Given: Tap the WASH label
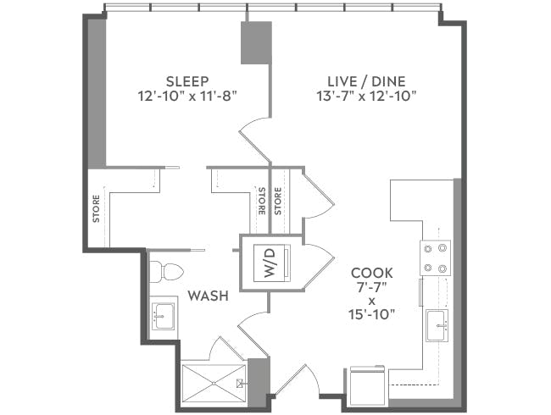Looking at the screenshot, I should (206, 296).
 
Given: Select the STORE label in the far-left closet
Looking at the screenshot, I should (96, 210).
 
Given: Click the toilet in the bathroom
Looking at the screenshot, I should (165, 272).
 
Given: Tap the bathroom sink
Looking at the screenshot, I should (163, 317).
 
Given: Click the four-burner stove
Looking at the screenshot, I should (436, 258).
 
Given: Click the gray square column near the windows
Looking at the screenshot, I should (255, 42).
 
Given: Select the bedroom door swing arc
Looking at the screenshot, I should (254, 140).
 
